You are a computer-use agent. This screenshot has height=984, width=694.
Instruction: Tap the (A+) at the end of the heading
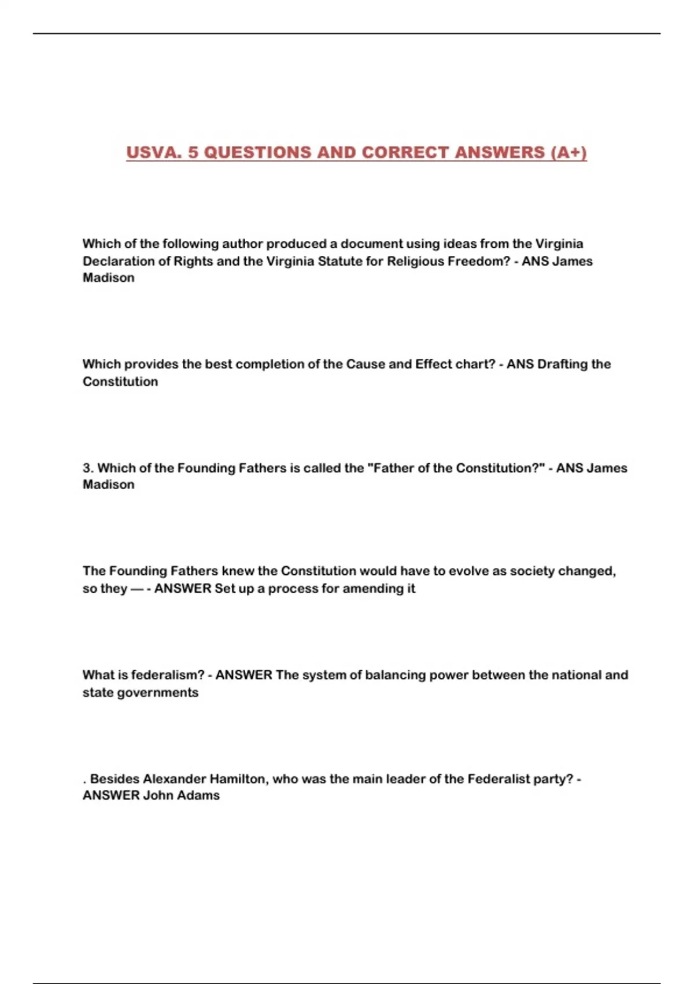point(569,152)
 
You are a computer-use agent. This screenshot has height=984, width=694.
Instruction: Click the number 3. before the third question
point(88,468)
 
